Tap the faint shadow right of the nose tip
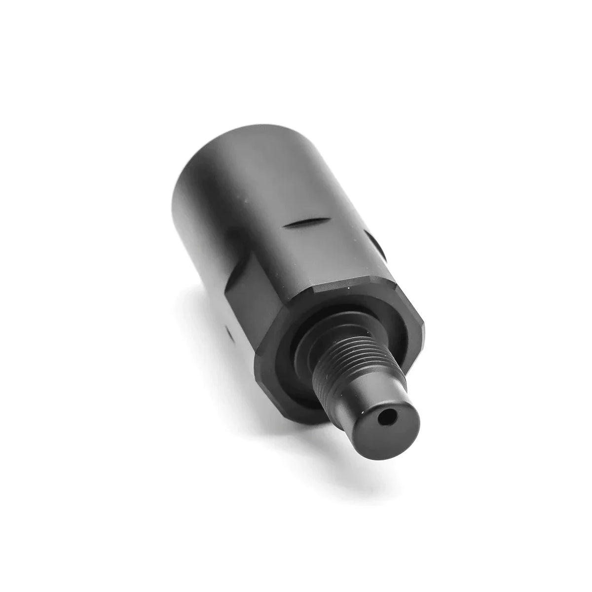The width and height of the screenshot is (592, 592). coord(444,444)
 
